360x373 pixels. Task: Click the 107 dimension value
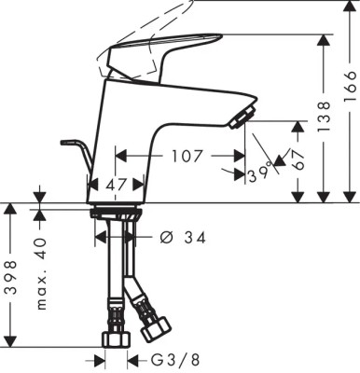(187, 156)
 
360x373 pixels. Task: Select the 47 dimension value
(117, 186)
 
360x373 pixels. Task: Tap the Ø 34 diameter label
(181, 238)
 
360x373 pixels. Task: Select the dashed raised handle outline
(159, 23)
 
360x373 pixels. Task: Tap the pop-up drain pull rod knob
(68, 142)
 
